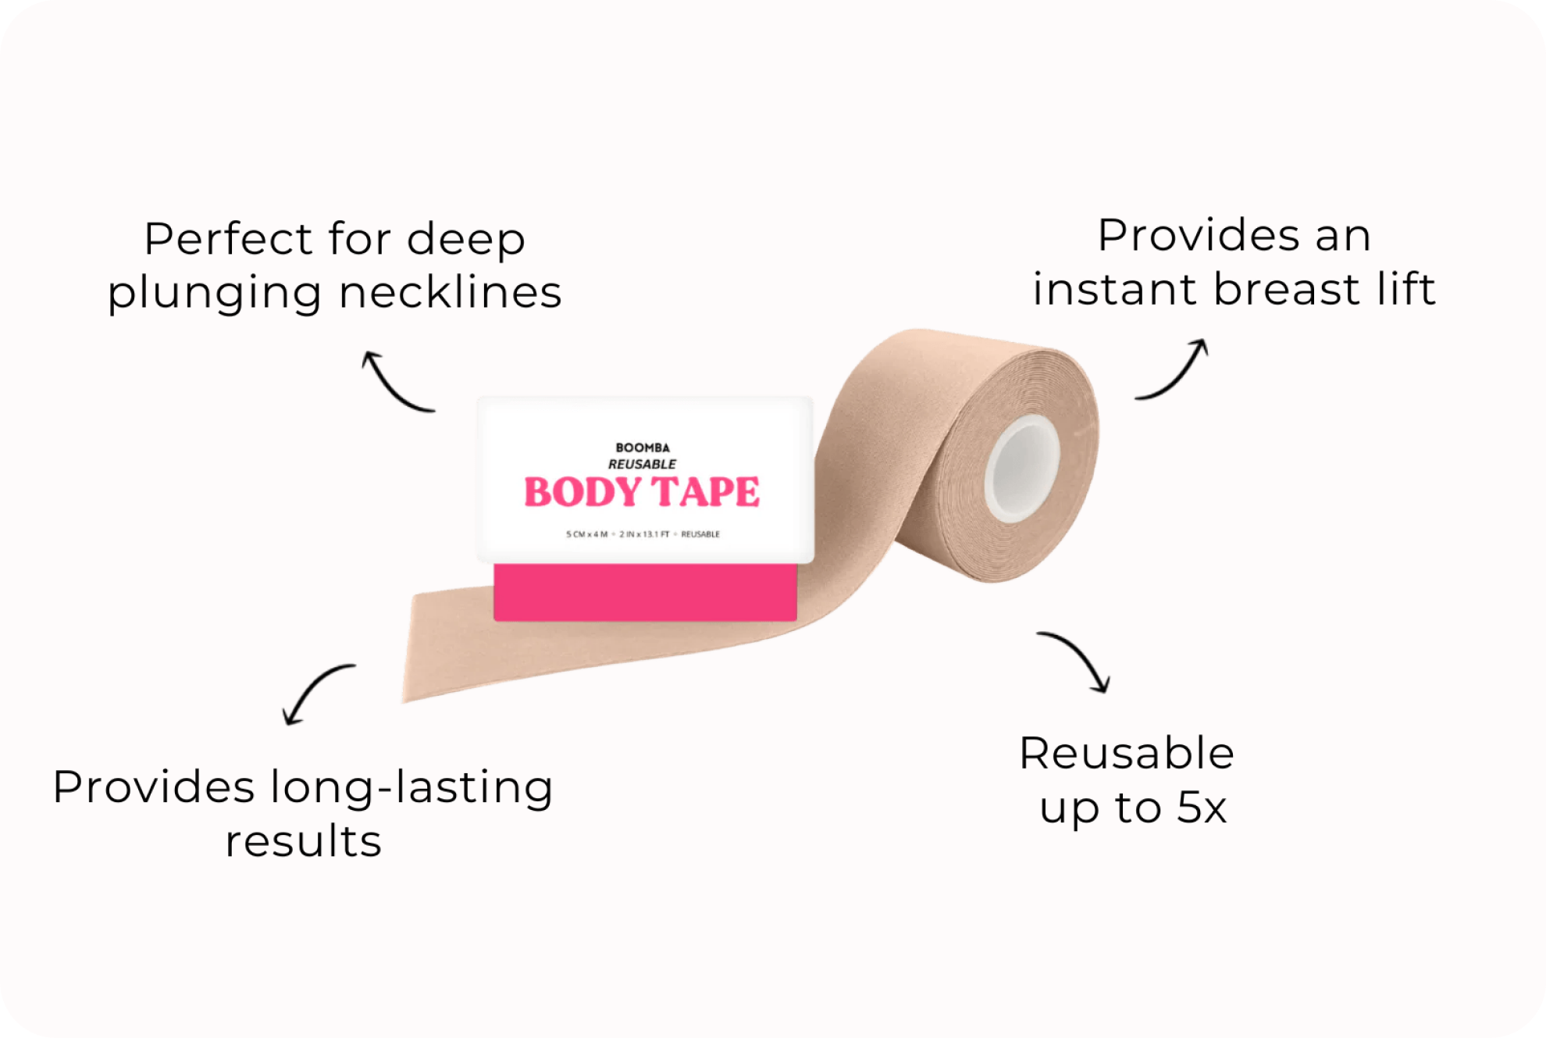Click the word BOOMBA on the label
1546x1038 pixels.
click(x=643, y=448)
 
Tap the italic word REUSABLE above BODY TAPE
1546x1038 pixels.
click(x=642, y=464)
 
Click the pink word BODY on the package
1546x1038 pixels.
click(x=582, y=492)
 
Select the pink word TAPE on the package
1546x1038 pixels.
click(x=706, y=492)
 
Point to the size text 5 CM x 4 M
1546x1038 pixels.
click(x=586, y=534)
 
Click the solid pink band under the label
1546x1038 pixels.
click(x=645, y=592)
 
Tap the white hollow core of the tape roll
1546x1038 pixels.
click(x=1022, y=469)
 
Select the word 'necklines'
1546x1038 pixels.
click(x=451, y=292)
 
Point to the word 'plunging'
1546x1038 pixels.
click(x=214, y=294)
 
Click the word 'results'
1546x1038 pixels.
click(x=304, y=841)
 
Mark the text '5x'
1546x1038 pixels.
click(x=1202, y=808)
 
